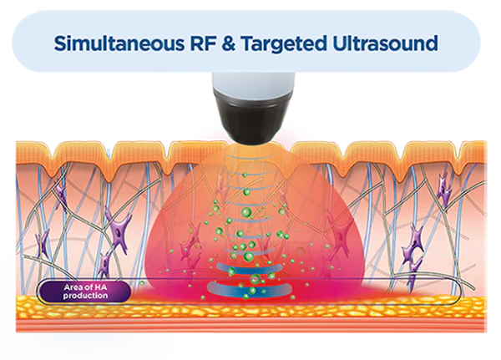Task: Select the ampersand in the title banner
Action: tap(228, 43)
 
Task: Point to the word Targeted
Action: tap(284, 44)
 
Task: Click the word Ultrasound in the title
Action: tap(385, 43)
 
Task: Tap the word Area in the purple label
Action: tap(71, 287)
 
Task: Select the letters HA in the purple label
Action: tap(101, 287)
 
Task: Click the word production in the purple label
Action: tap(85, 296)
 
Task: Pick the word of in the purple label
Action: tap(87, 287)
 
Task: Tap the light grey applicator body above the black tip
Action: tap(253, 83)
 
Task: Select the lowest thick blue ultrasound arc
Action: tap(250, 290)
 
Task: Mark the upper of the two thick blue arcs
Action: tap(250, 270)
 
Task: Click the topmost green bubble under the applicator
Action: tap(245, 175)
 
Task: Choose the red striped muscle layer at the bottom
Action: tap(251, 325)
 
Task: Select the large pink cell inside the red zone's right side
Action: tap(340, 235)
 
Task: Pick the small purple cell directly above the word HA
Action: tap(104, 264)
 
